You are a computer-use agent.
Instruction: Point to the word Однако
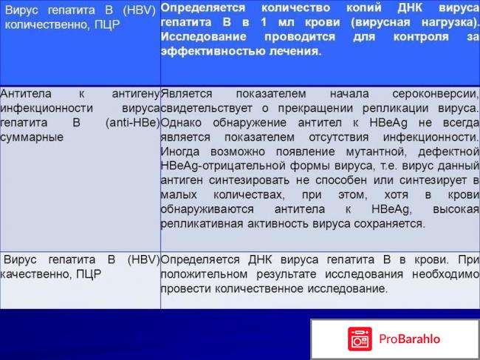click(x=180, y=123)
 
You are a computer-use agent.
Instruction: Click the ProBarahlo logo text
click(x=410, y=339)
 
